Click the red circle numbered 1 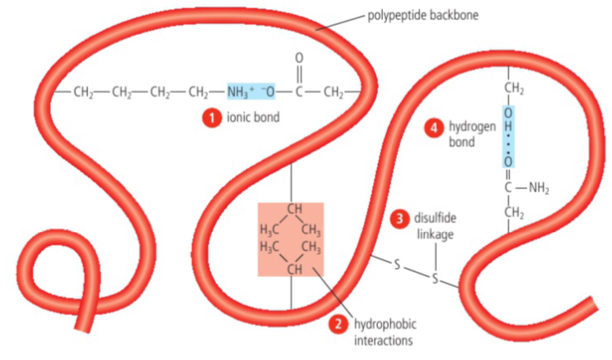212,118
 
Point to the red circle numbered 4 434,127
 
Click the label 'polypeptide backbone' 423,16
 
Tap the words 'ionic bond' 253,118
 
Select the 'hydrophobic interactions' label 384,332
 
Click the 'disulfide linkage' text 435,226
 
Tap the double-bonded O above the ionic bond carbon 299,58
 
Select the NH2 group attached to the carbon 539,189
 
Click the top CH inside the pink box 295,209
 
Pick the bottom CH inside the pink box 295,270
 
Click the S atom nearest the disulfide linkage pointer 435,278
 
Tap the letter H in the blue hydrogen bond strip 508,126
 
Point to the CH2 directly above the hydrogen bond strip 514,89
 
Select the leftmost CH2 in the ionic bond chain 83,92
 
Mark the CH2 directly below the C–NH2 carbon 514,213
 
